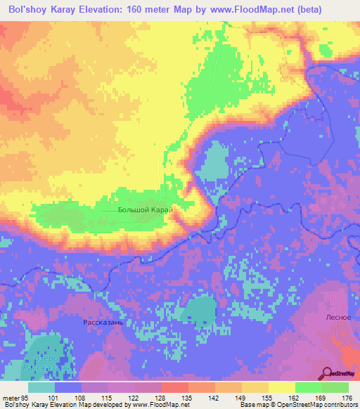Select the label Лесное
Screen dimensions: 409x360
coord(338,317)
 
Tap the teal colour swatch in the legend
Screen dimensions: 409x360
coord(41,387)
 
